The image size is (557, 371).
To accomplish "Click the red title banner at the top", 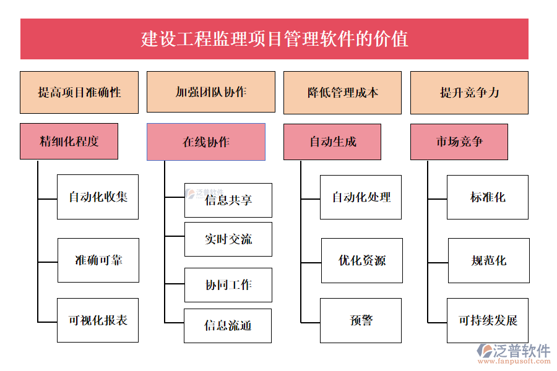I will [x=274, y=39].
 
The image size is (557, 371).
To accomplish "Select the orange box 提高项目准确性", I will [x=79, y=93].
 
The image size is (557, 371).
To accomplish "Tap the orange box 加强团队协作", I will [x=211, y=92].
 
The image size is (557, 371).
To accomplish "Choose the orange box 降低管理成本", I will [x=342, y=93].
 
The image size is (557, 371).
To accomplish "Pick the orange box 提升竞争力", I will [x=469, y=93].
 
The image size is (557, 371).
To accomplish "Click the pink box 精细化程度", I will [x=69, y=142].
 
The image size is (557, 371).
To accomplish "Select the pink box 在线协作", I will [x=205, y=142].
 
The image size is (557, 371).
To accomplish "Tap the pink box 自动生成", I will [x=332, y=142].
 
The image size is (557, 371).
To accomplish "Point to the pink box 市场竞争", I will [x=459, y=142].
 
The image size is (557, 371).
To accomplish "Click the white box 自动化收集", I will [x=98, y=197].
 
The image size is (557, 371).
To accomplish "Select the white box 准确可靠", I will [x=98, y=260].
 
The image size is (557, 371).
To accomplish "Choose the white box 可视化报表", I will [x=98, y=320].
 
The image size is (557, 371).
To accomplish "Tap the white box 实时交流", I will [x=228, y=239].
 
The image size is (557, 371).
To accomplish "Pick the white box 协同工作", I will [x=228, y=285].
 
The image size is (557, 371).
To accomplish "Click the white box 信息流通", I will [x=228, y=326].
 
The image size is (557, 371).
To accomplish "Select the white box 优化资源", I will [x=362, y=260].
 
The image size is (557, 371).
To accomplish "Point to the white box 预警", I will [x=361, y=320].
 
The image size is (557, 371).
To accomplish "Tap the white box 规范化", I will [x=489, y=260].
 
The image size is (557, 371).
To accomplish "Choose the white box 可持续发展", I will [x=488, y=320].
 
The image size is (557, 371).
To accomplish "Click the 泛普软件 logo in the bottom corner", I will [x=514, y=354].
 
